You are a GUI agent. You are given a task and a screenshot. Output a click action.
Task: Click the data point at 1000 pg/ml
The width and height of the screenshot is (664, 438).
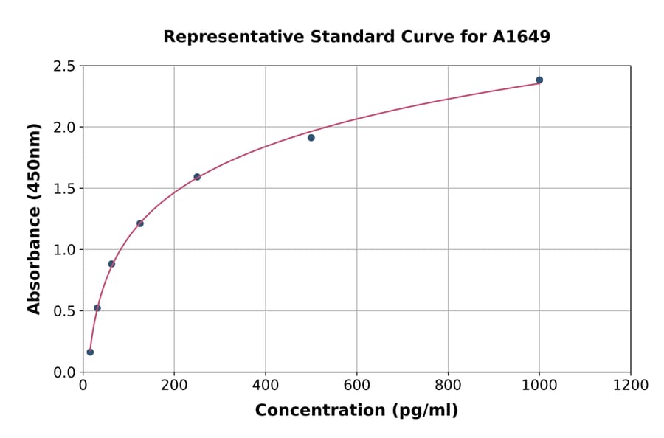[x=539, y=80]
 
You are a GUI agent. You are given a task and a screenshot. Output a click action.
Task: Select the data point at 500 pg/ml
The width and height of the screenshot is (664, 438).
[x=311, y=137]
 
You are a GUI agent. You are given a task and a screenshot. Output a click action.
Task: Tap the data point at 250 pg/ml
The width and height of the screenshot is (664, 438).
[x=197, y=177]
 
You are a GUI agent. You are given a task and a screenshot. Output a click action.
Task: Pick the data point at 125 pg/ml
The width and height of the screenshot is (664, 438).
[x=140, y=223]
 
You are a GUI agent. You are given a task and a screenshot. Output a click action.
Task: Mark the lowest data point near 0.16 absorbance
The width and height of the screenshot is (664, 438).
[x=90, y=352]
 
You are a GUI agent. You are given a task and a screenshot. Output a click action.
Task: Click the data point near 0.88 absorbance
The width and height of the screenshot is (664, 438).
[x=111, y=264]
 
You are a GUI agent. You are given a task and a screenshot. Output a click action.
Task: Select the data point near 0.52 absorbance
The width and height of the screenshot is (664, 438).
[x=97, y=308]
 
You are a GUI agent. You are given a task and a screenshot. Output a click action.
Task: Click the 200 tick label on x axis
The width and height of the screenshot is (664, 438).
[x=174, y=385]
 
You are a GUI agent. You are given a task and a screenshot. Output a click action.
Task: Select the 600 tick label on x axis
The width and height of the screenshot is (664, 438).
[x=357, y=385]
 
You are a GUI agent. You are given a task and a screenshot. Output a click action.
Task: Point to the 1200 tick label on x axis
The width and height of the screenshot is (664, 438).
[x=631, y=385]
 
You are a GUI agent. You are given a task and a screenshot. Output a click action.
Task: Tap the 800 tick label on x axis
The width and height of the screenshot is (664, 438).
[x=448, y=385]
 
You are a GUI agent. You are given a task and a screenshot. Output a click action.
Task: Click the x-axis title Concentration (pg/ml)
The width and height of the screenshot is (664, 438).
[x=356, y=410]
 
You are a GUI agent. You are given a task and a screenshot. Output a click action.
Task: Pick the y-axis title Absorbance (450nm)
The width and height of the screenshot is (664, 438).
[x=34, y=218]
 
